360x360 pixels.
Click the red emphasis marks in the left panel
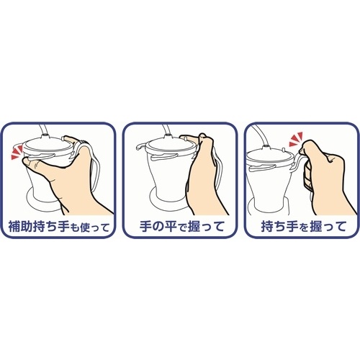[x=17, y=153]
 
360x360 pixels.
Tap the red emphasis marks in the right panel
[x=296, y=140]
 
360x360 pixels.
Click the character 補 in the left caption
[x=14, y=227]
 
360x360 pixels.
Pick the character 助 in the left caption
[x=27, y=227]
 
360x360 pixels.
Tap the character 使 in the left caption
[x=86, y=228]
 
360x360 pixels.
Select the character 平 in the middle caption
[x=172, y=227]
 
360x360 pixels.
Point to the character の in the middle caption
[x=159, y=227]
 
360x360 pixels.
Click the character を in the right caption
[x=304, y=228]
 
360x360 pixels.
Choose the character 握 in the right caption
[x=316, y=227]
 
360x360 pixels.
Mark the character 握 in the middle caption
[x=194, y=227]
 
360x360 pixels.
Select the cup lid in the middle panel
[x=171, y=145]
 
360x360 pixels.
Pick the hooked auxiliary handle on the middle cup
[x=141, y=146]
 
